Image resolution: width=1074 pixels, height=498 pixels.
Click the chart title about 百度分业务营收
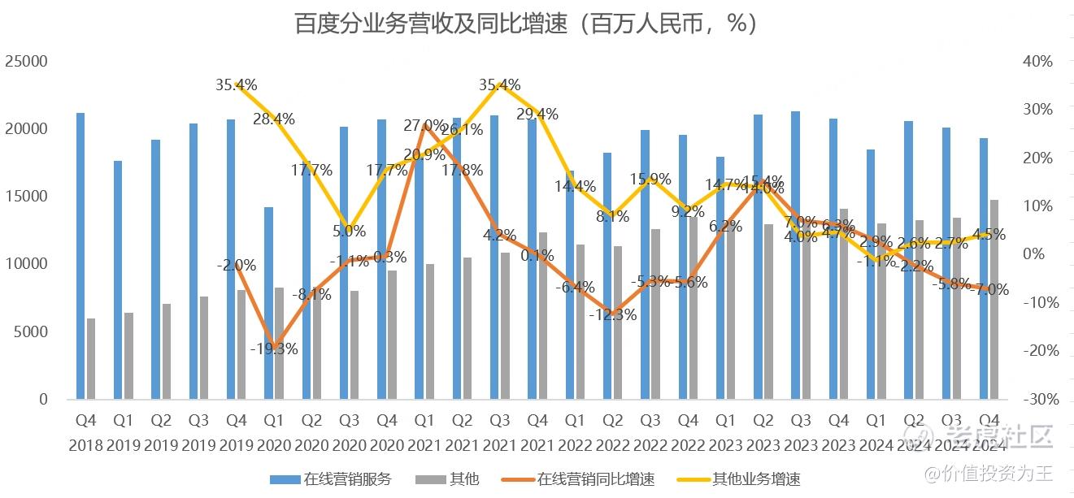(526, 24)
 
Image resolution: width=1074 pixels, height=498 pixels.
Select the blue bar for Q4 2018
(80, 256)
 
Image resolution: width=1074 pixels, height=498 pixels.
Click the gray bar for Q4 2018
(91, 358)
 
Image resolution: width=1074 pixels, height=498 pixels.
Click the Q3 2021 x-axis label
(499, 435)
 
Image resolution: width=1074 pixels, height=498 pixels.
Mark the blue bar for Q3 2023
(795, 255)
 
